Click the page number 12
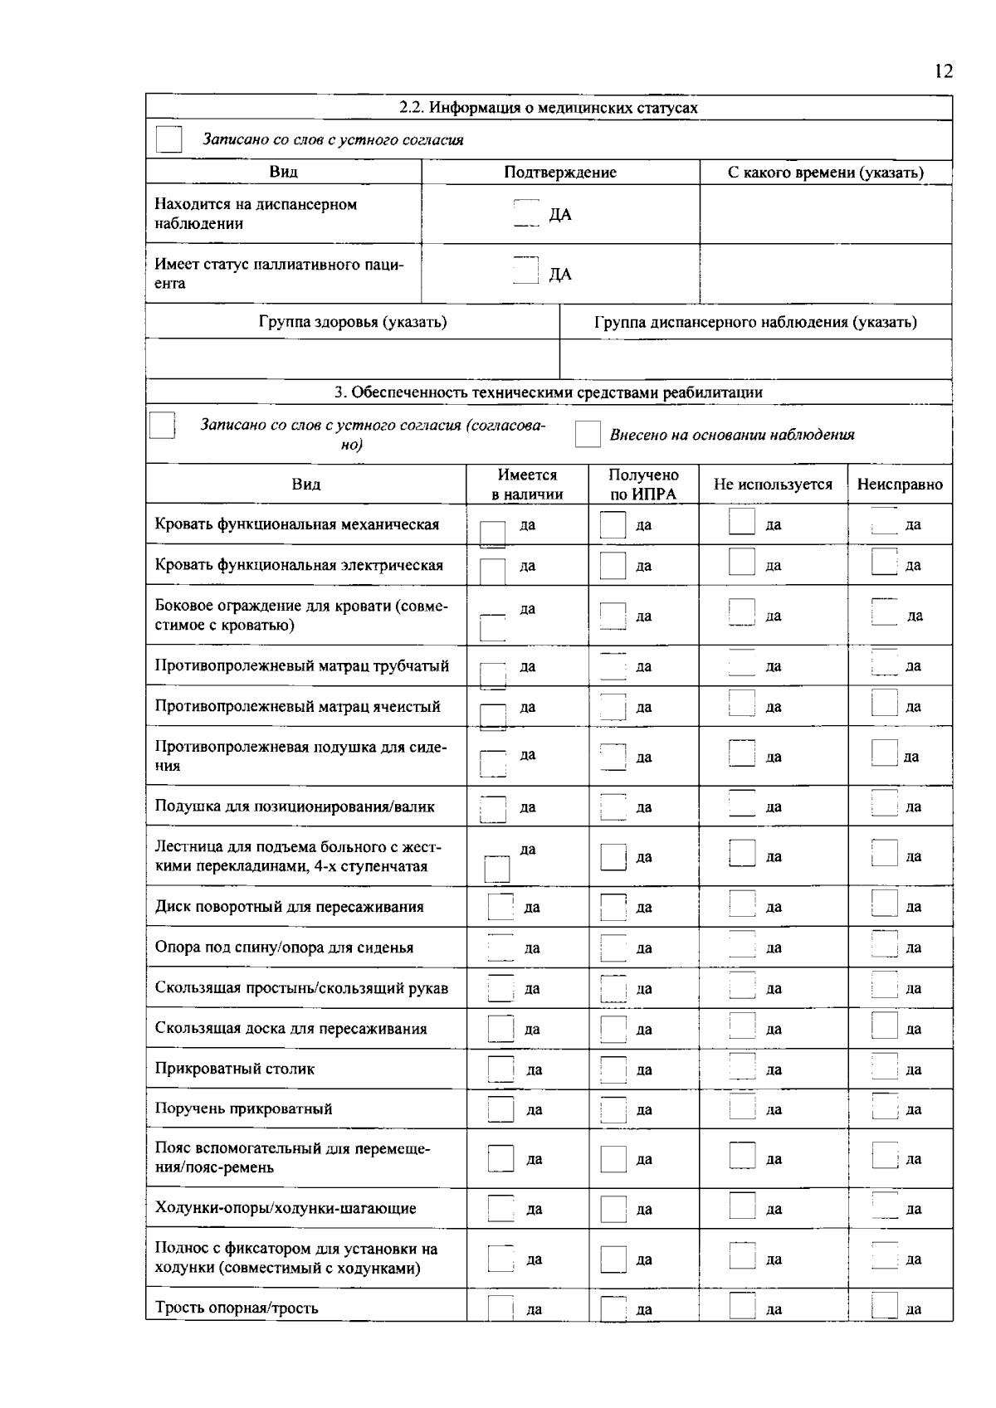[x=944, y=71]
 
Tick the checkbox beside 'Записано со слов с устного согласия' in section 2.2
[x=169, y=139]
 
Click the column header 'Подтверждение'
[x=560, y=173]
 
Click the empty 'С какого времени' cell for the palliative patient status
[x=825, y=274]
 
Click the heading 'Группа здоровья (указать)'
[x=353, y=322]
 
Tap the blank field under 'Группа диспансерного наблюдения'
[x=755, y=359]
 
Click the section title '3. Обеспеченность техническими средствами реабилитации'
[x=549, y=392]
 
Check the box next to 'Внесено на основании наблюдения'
[x=588, y=434]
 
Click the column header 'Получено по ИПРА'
[x=643, y=485]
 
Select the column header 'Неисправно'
[x=900, y=485]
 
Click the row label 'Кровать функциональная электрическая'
[x=299, y=565]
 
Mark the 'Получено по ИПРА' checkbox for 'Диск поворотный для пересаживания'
[x=613, y=907]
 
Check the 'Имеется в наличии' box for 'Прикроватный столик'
[x=500, y=1069]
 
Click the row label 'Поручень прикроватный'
[x=244, y=1109]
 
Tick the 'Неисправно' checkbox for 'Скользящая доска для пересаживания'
[x=885, y=1027]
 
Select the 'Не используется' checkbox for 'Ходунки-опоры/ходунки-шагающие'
[x=741, y=1207]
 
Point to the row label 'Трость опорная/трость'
[x=237, y=1308]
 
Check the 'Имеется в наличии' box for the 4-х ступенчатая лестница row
[x=496, y=869]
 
